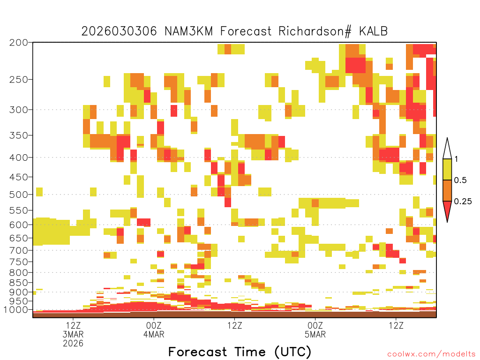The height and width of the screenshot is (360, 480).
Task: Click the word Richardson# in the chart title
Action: [315, 31]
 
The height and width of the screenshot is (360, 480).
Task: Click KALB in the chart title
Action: [374, 31]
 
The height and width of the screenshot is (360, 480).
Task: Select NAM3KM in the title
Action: [188, 31]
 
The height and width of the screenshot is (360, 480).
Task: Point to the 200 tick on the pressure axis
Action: [19, 43]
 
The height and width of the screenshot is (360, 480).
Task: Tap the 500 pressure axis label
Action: [19, 195]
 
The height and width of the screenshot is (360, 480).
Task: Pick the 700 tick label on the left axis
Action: [19, 250]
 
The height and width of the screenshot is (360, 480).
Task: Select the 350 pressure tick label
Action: [19, 135]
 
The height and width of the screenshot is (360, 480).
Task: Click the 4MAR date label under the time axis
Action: [154, 334]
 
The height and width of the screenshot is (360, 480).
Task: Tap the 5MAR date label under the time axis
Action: [315, 334]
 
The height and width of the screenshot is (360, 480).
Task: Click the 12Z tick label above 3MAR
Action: [73, 325]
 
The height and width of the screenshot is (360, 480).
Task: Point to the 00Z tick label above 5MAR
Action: [315, 325]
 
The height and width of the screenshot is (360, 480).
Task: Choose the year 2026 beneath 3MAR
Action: [73, 344]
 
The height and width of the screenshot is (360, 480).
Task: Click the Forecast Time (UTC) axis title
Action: [240, 352]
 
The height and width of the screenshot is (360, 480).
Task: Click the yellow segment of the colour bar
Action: [447, 169]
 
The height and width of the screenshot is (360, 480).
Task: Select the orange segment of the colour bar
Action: [447, 190]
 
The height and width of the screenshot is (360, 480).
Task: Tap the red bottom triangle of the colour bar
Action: [447, 210]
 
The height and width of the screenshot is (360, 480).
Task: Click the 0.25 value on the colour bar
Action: [463, 202]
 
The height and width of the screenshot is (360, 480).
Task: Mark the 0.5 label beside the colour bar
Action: [460, 180]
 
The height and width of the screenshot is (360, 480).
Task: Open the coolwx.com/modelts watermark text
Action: [431, 354]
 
